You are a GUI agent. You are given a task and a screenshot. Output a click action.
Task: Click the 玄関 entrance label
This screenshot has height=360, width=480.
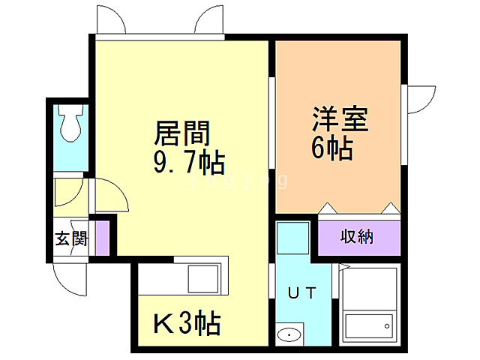(70, 239)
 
